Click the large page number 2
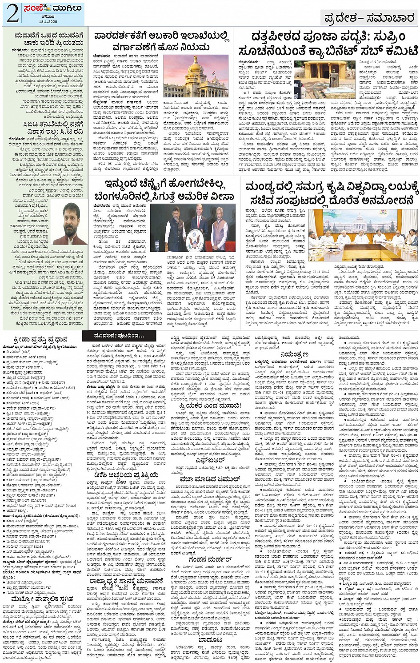coord(12,14)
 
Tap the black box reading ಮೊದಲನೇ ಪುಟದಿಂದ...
coord(119,335)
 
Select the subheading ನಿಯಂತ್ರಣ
coord(294,354)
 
